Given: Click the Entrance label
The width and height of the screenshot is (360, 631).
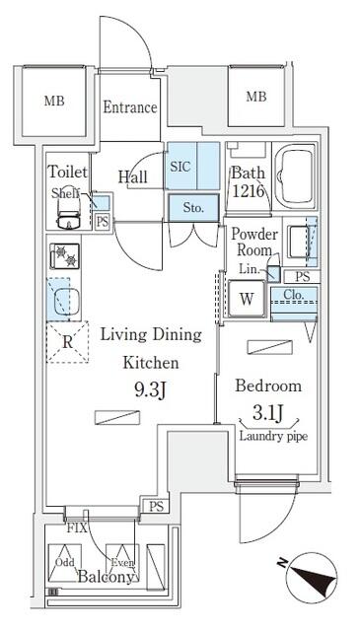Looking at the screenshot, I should (x=130, y=107).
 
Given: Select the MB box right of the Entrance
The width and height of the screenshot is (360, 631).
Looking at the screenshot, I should (x=255, y=97).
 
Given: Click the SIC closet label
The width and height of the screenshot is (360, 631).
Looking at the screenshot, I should (x=180, y=167).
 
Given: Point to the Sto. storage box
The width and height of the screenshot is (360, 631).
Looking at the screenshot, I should (x=193, y=207).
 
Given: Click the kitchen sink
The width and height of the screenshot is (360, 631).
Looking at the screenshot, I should (x=65, y=300).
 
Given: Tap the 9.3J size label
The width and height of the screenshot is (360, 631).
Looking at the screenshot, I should (x=150, y=388).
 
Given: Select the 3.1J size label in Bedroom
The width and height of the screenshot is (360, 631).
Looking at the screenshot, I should (x=268, y=412).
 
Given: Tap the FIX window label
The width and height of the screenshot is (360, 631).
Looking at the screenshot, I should (x=76, y=527).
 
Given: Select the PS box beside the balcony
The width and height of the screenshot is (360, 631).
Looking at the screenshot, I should (x=155, y=507).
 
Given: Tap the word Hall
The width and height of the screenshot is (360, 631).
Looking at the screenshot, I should (x=133, y=176).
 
